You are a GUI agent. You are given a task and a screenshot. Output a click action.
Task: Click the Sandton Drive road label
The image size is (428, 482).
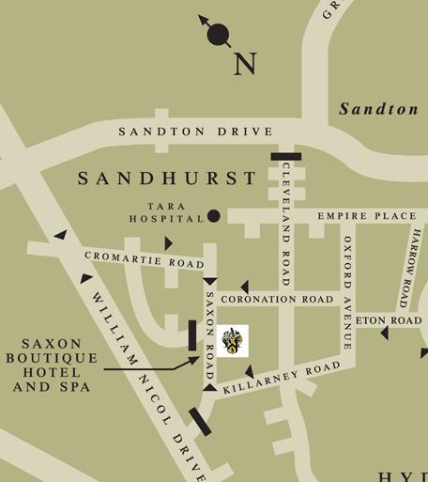[x=196, y=132]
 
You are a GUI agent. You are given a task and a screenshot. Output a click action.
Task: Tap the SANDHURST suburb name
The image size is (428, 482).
[x=167, y=178]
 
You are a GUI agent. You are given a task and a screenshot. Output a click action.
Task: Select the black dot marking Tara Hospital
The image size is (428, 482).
[x=214, y=216]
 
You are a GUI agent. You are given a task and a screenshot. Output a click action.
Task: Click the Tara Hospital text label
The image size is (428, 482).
[x=167, y=211]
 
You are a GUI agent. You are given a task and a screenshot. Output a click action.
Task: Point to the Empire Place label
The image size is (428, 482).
[x=366, y=216]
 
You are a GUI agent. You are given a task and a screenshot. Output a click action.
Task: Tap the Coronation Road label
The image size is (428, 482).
[x=277, y=300]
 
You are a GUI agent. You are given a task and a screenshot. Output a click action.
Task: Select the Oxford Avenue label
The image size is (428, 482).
[x=346, y=291]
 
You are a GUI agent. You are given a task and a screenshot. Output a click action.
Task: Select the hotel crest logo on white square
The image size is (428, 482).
[x=232, y=341]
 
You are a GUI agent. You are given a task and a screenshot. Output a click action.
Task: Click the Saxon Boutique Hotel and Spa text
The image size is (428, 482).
[x=52, y=365]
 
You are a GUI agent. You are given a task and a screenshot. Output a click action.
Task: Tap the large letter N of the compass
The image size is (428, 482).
[x=245, y=65]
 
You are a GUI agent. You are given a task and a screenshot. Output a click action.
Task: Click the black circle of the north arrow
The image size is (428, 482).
[x=218, y=36]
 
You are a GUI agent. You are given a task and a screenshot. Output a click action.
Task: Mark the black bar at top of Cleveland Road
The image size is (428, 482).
[x=285, y=157]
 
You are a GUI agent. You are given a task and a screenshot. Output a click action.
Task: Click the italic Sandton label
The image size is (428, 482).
[x=378, y=109]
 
